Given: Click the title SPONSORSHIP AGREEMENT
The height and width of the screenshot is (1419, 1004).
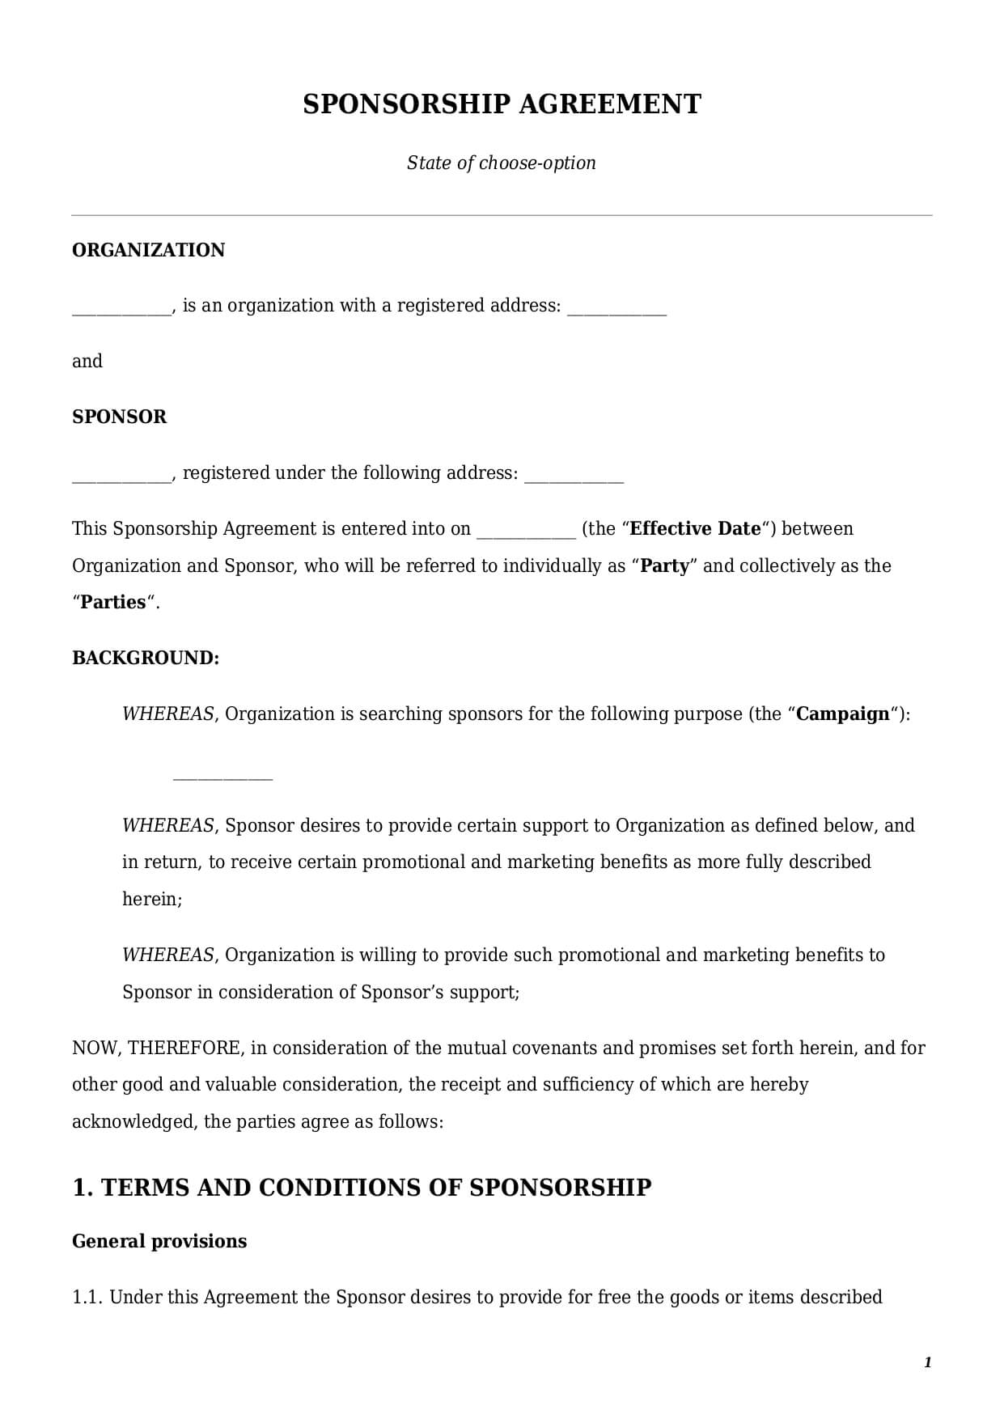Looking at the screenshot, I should (502, 104).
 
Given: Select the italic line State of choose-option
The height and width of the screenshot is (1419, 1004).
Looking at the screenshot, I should (502, 163).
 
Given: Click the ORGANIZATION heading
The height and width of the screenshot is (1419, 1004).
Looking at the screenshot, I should (149, 250).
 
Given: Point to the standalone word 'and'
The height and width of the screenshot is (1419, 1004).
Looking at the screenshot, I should (87, 361).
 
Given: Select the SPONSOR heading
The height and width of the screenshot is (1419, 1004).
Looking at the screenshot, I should (120, 417).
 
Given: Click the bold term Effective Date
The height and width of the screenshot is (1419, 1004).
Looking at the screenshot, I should (695, 528).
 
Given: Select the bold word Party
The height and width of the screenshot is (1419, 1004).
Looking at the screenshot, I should (664, 565).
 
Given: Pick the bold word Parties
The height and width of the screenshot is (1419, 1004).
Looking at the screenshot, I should (113, 602).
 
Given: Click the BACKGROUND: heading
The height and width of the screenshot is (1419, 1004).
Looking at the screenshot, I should (146, 658).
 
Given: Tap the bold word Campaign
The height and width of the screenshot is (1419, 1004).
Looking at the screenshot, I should (843, 714).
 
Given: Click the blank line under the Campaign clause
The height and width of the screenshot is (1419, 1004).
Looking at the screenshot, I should (223, 777).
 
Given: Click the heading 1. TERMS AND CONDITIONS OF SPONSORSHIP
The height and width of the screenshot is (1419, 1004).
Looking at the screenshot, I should (362, 1187).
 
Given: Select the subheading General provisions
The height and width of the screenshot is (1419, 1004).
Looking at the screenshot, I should (159, 1241).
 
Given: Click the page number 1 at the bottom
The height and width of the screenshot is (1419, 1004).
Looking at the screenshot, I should (928, 1362).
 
